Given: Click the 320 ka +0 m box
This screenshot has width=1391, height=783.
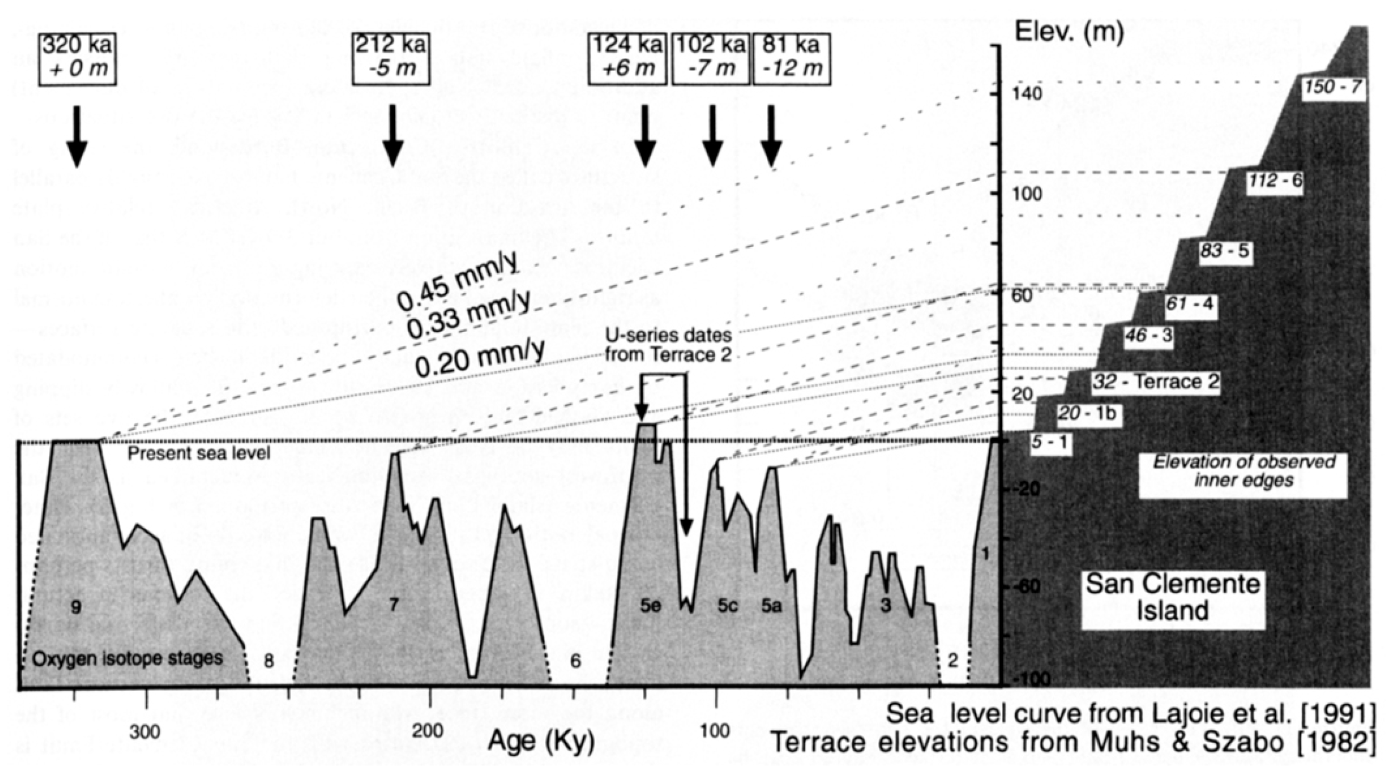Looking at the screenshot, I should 77,58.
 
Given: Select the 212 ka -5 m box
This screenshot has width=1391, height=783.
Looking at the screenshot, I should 391,58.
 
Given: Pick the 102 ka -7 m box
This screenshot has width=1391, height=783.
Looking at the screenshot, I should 710,58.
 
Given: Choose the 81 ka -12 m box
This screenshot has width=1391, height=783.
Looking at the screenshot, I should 792,58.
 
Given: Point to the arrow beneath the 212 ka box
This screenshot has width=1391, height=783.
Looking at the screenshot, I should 392,136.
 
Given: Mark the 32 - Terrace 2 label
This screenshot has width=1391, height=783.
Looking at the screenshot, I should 1156,382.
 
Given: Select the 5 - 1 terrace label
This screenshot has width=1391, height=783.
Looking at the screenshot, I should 1050,443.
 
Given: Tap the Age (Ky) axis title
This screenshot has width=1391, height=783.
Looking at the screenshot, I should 541,742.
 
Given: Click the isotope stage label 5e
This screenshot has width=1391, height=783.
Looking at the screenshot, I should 651,606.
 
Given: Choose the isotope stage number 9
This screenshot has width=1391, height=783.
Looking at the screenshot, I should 76,607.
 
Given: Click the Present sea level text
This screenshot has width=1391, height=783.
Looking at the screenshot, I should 199,453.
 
